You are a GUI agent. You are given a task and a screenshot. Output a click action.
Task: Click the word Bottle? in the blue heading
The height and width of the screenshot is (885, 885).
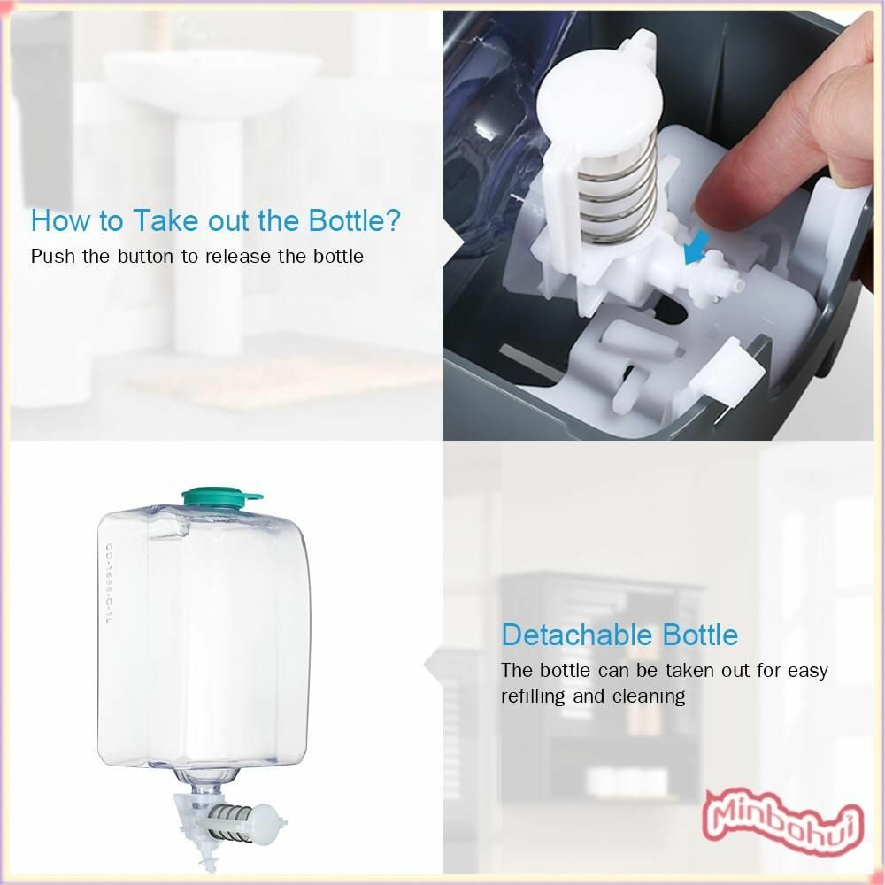point(355,220)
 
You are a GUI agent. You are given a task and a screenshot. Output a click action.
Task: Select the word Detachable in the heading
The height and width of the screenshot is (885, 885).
point(577,635)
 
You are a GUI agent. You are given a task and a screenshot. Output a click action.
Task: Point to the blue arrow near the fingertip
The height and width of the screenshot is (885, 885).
point(696,247)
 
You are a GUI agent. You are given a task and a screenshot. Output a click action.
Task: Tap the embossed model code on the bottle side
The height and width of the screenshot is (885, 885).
point(108,584)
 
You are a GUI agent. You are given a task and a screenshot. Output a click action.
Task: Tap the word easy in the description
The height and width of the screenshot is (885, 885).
point(808,671)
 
